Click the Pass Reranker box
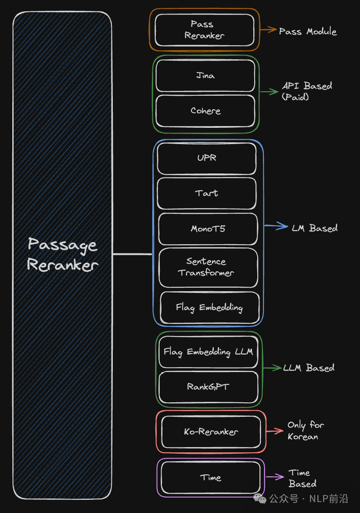[x=205, y=30]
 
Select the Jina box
[x=205, y=76]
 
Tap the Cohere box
[x=205, y=111]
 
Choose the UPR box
[x=206, y=158]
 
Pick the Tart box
[x=206, y=193]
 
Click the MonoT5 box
[x=208, y=229]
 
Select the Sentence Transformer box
[x=208, y=267]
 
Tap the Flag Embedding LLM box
[x=208, y=352]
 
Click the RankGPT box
[x=208, y=387]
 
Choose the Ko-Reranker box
[x=211, y=432]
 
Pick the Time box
[x=211, y=478]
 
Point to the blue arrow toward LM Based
[x=275, y=227]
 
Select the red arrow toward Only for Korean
[x=275, y=431]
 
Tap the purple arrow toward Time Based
[x=275, y=477]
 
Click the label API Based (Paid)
[x=306, y=91]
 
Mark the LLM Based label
[x=309, y=368]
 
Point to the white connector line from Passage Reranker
[x=132, y=254]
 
